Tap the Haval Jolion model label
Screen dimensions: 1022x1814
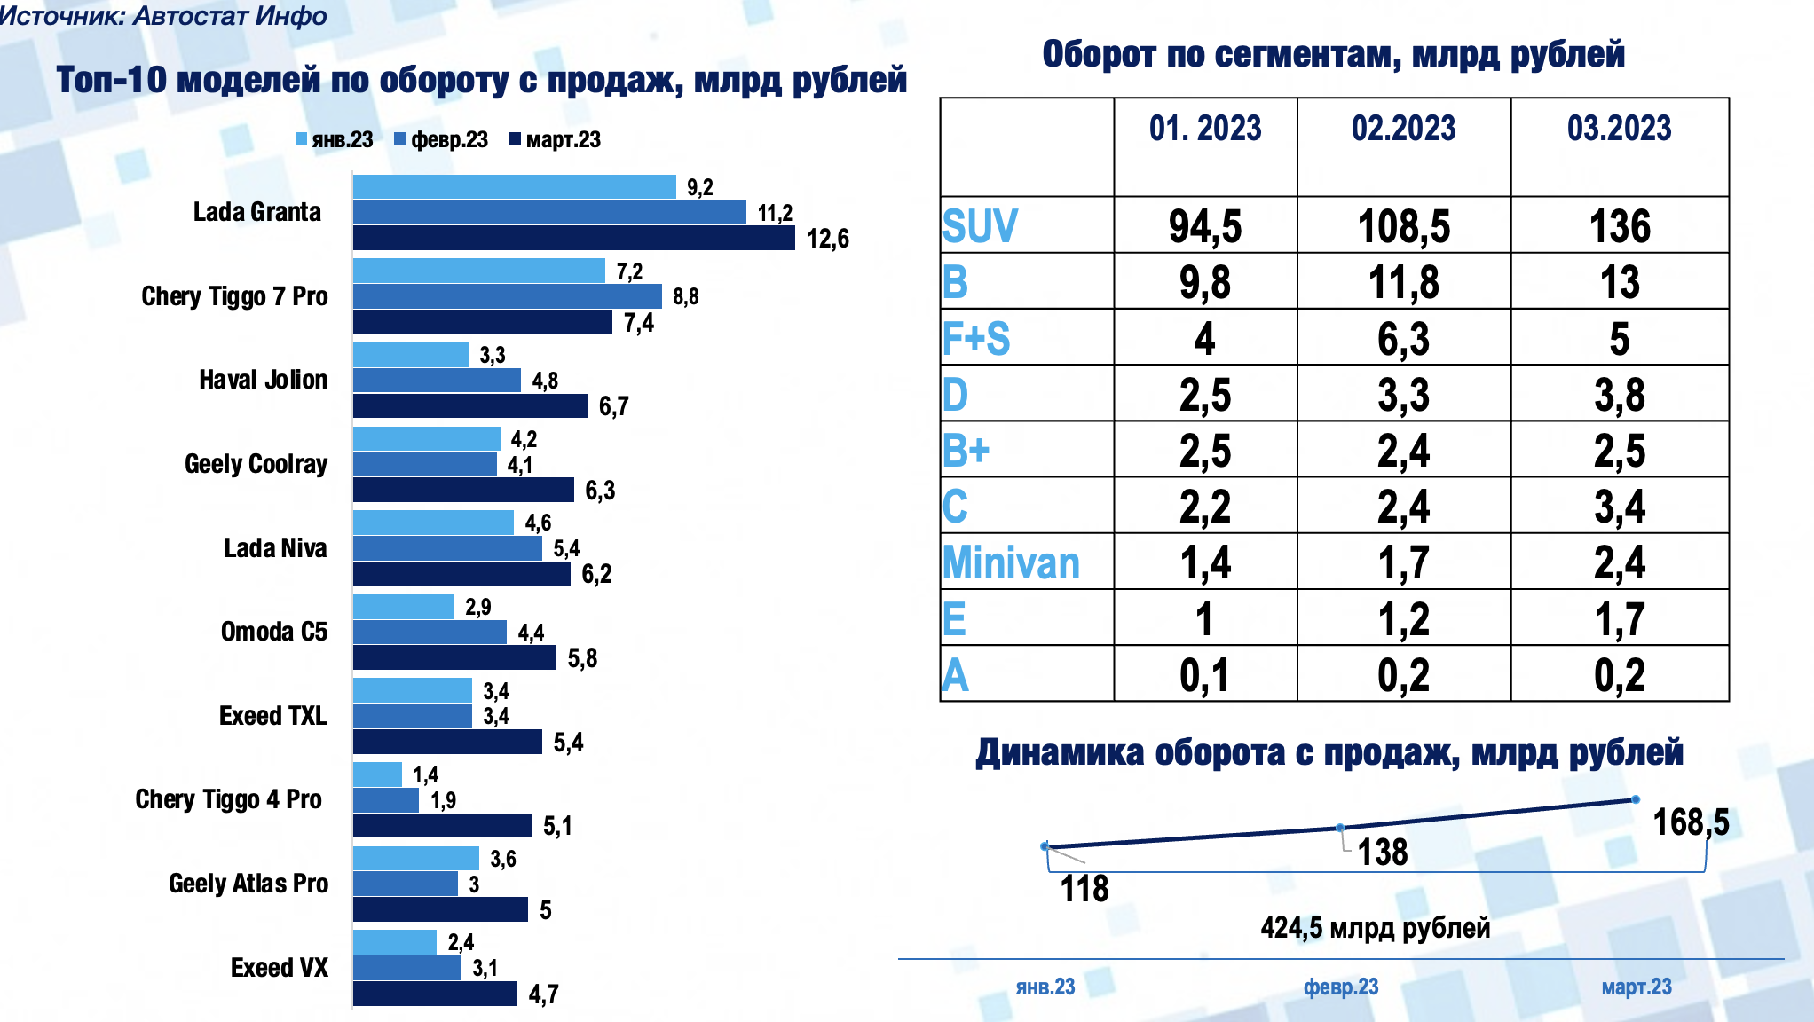263,380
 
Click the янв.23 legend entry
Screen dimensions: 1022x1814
335,140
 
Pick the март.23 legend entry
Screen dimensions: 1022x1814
555,140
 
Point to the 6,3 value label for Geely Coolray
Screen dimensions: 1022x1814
600,491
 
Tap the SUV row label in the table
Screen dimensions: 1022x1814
980,226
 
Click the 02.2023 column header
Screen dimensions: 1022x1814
1403,129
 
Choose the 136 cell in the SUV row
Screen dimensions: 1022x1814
1619,226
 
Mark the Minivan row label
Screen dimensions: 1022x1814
1011,562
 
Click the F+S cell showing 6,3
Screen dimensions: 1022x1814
1403,339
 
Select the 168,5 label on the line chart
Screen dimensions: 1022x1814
1690,822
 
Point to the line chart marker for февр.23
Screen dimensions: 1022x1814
1340,828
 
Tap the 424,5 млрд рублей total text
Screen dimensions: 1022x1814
1375,928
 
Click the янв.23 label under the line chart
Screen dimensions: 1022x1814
1045,987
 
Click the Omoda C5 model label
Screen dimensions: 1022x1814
273,632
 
